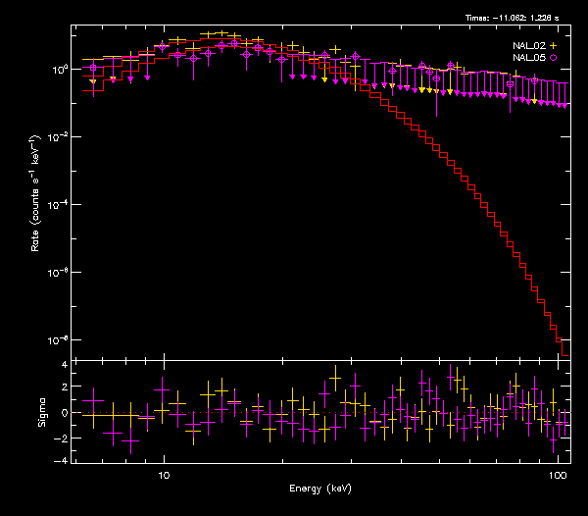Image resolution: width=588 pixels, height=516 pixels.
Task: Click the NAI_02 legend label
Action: [529, 46]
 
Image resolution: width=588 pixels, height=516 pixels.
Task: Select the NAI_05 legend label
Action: [529, 59]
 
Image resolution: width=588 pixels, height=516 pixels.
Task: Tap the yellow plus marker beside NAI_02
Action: [554, 46]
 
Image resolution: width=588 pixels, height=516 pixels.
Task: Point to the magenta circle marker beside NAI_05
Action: [554, 59]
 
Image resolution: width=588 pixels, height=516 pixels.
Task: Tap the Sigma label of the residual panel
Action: [41, 412]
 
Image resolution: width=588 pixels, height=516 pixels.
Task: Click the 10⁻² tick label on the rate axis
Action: [58, 137]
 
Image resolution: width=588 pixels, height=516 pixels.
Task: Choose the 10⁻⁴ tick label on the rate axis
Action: [58, 205]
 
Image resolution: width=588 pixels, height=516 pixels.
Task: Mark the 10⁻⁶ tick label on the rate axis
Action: [58, 273]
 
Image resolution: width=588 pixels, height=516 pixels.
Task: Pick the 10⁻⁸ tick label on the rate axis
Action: [58, 340]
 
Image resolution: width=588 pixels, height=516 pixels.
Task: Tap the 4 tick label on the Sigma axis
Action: [64, 365]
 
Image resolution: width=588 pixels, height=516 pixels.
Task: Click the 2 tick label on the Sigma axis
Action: [64, 388]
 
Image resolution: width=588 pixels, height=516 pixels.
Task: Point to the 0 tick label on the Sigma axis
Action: [64, 413]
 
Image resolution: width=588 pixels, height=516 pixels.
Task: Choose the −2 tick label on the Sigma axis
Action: [62, 437]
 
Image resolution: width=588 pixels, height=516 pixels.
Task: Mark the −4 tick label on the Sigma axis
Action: [62, 460]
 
